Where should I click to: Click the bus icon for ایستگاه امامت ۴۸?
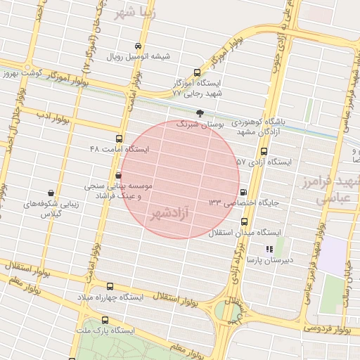pos(118,139)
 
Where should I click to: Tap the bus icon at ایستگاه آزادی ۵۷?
pos(264,151)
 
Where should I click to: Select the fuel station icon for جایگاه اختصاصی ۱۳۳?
pos(243,192)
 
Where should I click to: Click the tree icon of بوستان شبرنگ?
pos(200,112)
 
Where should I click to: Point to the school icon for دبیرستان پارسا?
pos(269,249)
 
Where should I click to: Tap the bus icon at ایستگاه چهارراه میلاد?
pos(109,286)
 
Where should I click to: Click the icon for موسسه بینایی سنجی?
pos(119,175)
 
